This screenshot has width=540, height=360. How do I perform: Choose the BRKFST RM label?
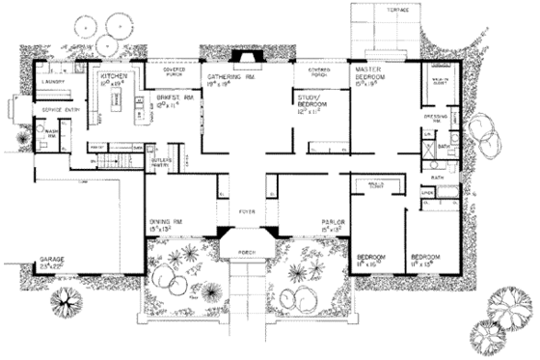162,97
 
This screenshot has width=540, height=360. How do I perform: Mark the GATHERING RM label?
229,76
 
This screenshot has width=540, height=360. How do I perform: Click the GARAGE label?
52,261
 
